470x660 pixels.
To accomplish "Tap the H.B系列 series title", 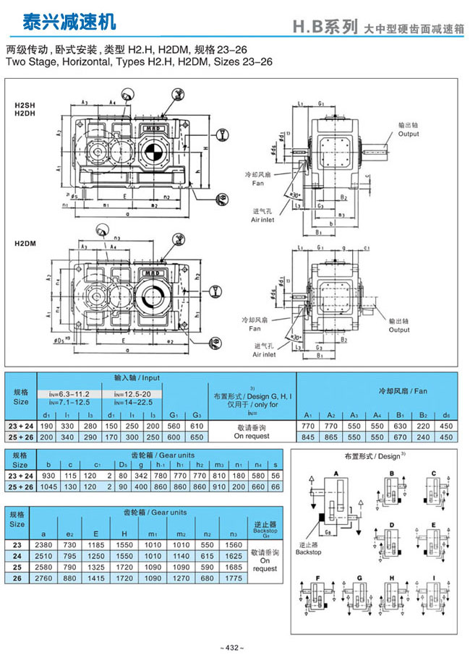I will point(325,27).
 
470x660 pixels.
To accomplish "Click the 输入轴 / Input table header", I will point(137,378).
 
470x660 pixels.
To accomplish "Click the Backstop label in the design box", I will point(308,552).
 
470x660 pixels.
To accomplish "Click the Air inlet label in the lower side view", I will point(263,354).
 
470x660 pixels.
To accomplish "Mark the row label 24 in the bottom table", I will point(18,555).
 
